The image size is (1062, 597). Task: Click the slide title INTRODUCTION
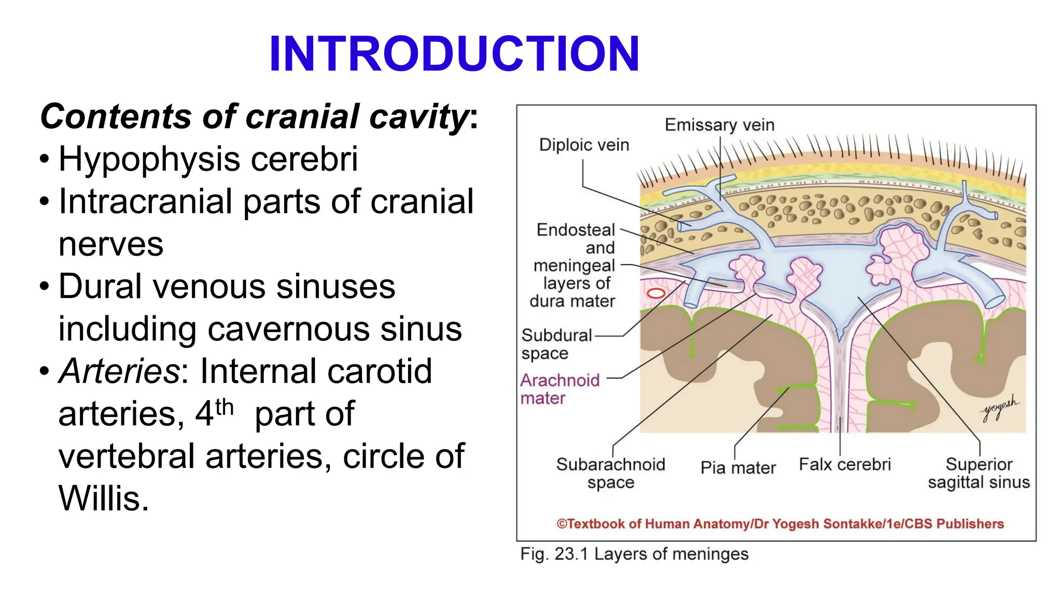(x=454, y=54)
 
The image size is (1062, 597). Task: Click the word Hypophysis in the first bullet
(x=149, y=159)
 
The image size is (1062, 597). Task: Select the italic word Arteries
(x=119, y=372)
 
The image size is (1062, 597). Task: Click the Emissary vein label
(x=719, y=125)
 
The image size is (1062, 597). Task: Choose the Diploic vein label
(x=584, y=145)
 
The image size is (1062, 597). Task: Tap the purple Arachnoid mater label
(x=560, y=389)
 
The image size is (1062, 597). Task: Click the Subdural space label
(x=556, y=344)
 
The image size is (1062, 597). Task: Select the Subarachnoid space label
(x=610, y=473)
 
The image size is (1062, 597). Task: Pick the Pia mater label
(x=738, y=468)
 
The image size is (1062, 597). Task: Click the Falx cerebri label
(x=845, y=464)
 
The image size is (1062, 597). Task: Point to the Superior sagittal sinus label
(x=979, y=473)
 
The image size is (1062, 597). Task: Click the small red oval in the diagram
(x=656, y=293)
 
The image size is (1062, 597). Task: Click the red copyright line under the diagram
(x=780, y=524)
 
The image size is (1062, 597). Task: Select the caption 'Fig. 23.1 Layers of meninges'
(x=634, y=554)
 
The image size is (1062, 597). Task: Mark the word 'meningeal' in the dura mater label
(x=574, y=266)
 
